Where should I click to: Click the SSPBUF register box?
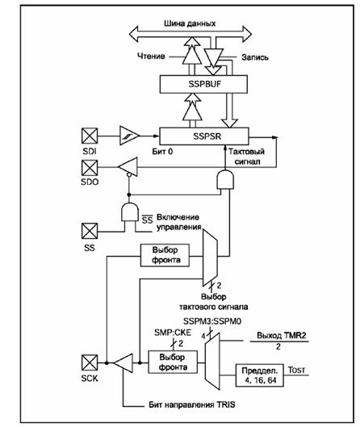click(203, 84)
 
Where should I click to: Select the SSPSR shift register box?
click(204, 136)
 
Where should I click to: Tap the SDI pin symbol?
click(90, 136)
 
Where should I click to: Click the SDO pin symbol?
click(90, 167)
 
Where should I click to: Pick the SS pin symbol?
click(90, 231)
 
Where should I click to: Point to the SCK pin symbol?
click(90, 362)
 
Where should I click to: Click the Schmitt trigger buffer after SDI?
click(129, 136)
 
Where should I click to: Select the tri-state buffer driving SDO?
click(128, 166)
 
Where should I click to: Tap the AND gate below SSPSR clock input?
click(225, 180)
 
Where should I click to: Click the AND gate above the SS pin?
click(129, 211)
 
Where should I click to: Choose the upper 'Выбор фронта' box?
click(165, 255)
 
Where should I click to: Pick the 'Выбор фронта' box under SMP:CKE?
click(173, 362)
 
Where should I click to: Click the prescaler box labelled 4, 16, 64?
click(260, 375)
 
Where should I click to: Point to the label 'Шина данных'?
click(190, 23)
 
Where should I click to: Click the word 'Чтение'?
click(151, 57)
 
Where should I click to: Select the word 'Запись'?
click(255, 57)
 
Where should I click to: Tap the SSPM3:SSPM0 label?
click(212, 321)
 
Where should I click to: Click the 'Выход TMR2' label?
click(282, 335)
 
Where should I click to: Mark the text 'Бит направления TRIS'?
click(192, 404)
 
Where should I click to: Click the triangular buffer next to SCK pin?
click(123, 363)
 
